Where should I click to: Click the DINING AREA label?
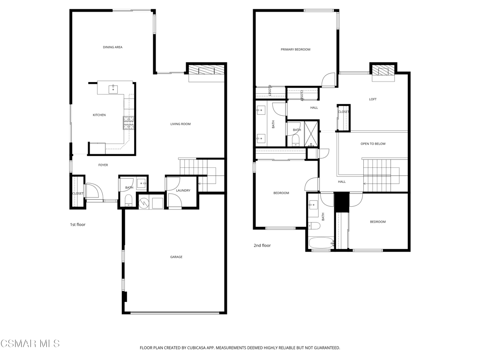(x=112, y=47)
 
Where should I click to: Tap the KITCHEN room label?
(x=99, y=115)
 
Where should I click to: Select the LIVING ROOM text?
(x=180, y=124)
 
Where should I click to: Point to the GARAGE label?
(x=176, y=257)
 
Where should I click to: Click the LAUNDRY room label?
(x=183, y=190)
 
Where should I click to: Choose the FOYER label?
(x=103, y=165)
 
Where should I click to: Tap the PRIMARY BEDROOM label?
(x=295, y=50)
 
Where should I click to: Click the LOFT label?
(x=373, y=99)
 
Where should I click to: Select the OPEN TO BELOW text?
(x=373, y=144)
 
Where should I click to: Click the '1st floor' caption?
(x=78, y=225)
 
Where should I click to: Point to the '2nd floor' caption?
(x=262, y=246)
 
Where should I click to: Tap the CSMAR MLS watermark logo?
(x=30, y=344)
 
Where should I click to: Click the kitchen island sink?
(x=113, y=88)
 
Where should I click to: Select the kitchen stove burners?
(x=128, y=122)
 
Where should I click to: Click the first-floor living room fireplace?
(x=206, y=70)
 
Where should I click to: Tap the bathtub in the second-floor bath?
(x=321, y=243)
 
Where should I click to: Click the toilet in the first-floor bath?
(x=128, y=202)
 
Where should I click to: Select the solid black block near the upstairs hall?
(x=342, y=202)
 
